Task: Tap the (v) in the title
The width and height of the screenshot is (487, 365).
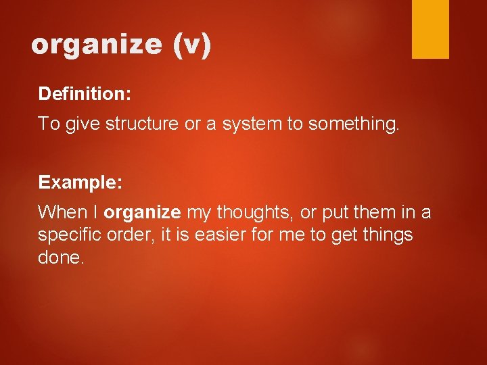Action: coord(192,45)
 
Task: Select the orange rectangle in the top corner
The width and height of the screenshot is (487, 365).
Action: coord(430,29)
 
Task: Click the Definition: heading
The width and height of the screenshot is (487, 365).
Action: coord(85,93)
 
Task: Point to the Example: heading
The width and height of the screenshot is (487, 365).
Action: coord(80,182)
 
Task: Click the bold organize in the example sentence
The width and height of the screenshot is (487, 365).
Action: coord(142,213)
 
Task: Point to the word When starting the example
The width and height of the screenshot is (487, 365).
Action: coord(59,212)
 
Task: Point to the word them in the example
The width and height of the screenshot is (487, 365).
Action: coord(373,212)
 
